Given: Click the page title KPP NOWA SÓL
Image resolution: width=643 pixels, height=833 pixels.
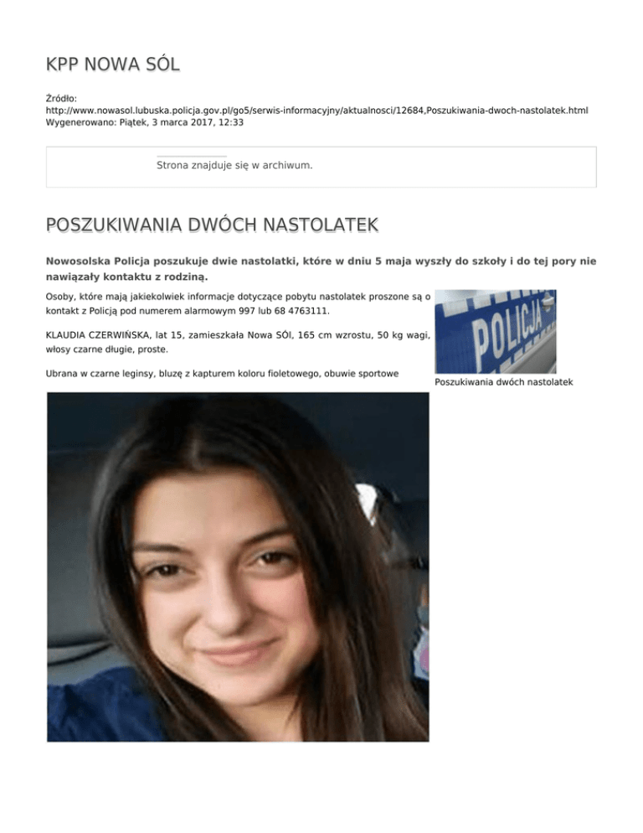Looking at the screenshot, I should (x=112, y=64).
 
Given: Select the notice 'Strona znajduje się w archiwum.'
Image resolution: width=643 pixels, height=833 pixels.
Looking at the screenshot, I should (x=234, y=166).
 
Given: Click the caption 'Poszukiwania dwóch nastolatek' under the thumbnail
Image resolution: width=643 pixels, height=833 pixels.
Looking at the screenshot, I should (x=504, y=383).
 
